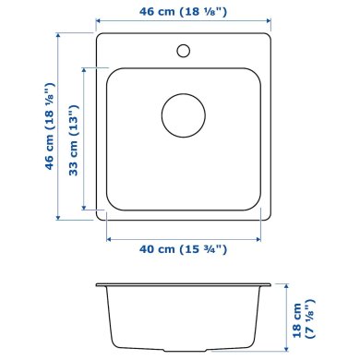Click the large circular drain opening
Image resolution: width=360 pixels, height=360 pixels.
pos(183,116)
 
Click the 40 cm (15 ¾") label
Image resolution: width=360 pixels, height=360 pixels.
pos(184,248)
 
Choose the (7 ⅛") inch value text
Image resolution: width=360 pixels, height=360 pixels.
pos(314,318)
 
